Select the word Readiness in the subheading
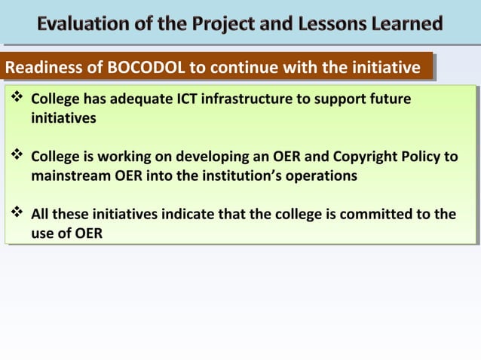41,69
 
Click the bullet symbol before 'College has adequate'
16,99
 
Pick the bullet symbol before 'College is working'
16,157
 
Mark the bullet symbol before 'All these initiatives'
16,215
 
